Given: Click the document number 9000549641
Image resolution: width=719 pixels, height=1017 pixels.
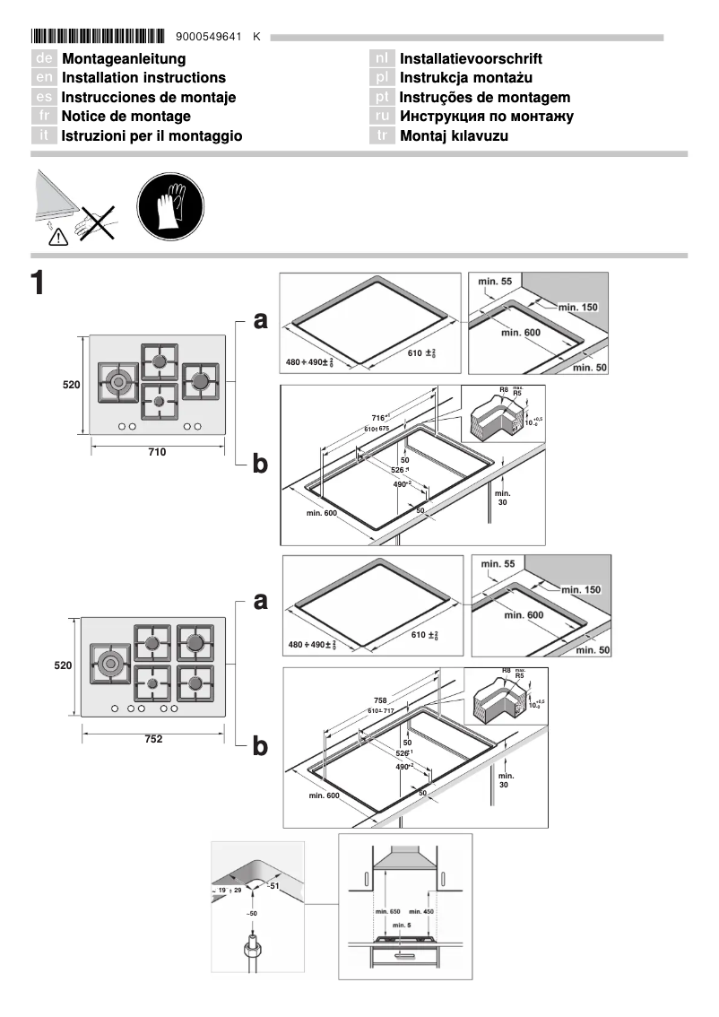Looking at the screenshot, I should pyautogui.click(x=210, y=37).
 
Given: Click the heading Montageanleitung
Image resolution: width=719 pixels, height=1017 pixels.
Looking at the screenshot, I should pyautogui.click(x=124, y=59).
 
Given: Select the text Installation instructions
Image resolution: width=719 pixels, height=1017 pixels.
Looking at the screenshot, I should pyautogui.click(x=143, y=78).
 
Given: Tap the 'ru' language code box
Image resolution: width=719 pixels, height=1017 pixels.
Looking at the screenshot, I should pyautogui.click(x=382, y=117).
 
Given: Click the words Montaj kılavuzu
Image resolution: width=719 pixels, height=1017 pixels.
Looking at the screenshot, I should pyautogui.click(x=454, y=136).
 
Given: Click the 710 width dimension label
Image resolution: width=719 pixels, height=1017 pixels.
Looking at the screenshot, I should pyautogui.click(x=157, y=453).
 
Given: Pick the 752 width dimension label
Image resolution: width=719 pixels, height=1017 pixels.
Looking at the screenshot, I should pyautogui.click(x=154, y=739).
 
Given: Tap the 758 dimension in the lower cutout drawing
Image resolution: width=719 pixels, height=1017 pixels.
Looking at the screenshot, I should pyautogui.click(x=381, y=701).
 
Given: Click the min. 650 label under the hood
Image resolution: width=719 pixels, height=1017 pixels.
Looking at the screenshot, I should pyautogui.click(x=388, y=912).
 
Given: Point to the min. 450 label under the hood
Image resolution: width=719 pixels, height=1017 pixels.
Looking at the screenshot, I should pyautogui.click(x=421, y=912).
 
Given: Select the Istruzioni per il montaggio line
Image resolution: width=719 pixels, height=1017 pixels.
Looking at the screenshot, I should pyautogui.click(x=152, y=136).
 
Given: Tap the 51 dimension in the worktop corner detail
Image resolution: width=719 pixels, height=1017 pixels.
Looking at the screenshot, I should pyautogui.click(x=275, y=887).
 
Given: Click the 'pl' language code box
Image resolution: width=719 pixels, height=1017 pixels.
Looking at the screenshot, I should pyautogui.click(x=382, y=78).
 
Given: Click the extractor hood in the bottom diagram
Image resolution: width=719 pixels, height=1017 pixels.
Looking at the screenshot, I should pyautogui.click(x=404, y=863).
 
